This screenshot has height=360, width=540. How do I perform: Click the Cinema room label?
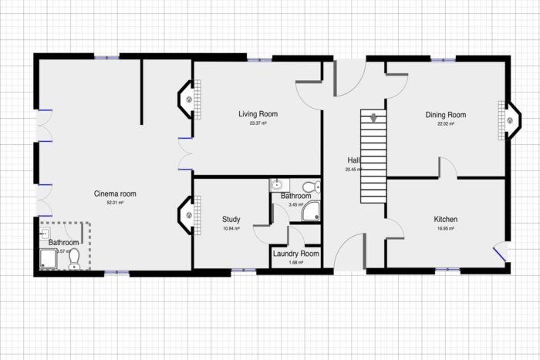pos(115,193)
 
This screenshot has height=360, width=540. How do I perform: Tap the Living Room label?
pos(258,114)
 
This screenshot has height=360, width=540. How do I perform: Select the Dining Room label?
pos(446,115)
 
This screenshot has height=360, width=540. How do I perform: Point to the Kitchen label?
pos(446,220)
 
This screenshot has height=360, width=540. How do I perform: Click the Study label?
pos(231,219)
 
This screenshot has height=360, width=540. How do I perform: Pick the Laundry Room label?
pos(296,254)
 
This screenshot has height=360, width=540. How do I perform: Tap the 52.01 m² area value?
pos(115,203)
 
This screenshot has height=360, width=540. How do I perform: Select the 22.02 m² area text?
pos(446,123)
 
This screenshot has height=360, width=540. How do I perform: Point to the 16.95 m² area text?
pos(446,229)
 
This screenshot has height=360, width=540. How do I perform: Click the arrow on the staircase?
pos(373,118)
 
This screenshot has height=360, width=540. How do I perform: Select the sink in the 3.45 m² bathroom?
pos(277,185)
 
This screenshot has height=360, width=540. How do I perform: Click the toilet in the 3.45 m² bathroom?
pos(310,186)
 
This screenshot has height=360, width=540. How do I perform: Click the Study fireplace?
pos(190,215)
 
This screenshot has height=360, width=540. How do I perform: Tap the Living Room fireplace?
pos(190,99)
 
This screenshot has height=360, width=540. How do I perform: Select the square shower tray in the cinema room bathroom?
pos(47,261)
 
